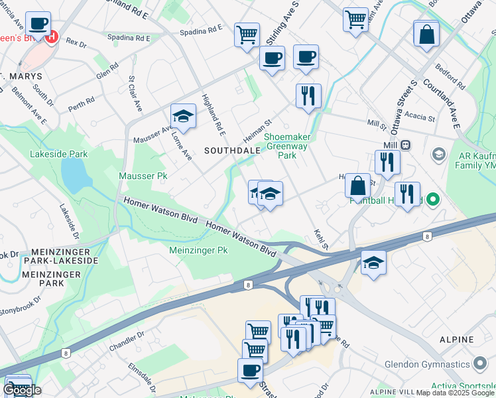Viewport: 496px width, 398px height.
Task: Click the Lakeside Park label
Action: coord(58,154)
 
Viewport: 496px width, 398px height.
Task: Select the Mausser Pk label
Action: coord(143,176)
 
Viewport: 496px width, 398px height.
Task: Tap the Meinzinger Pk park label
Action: coord(198,251)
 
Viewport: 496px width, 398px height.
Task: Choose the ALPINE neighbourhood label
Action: coord(457,339)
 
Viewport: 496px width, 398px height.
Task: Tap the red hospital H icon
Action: coord(52,37)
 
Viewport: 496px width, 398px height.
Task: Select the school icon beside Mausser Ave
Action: coord(183,117)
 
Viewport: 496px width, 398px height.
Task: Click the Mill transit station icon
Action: coord(405,145)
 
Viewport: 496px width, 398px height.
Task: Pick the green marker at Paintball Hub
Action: coord(433,198)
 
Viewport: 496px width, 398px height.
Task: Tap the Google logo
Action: coord(22,390)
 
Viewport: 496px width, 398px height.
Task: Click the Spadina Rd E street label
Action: coord(200,30)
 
